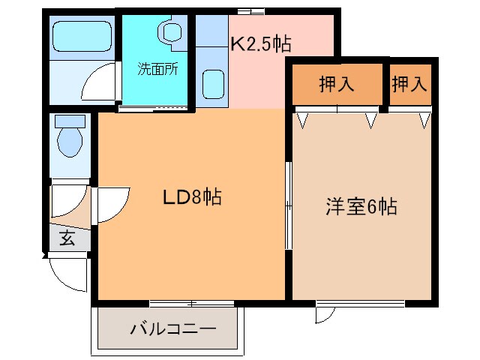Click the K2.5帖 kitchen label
260,43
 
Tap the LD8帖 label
192,198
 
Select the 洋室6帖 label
361,205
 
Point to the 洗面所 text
157,70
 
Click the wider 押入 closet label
337,84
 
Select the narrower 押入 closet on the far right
409,84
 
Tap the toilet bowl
70,142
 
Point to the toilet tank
70,121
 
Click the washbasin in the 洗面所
171,32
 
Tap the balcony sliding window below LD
192,303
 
